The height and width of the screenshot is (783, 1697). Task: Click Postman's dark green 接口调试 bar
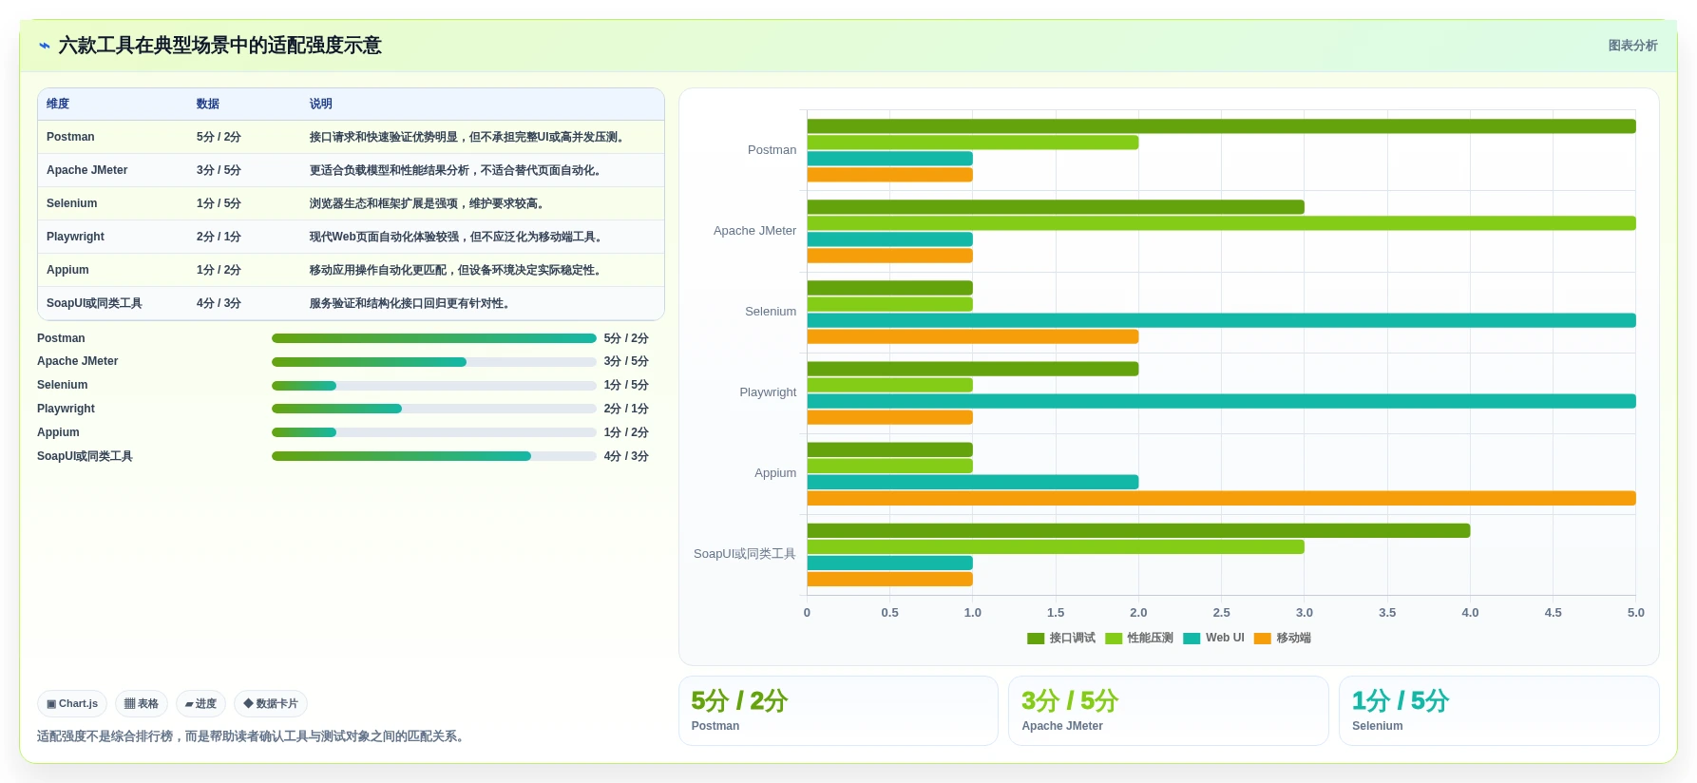click(1221, 126)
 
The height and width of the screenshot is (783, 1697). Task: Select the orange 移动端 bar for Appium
click(1221, 498)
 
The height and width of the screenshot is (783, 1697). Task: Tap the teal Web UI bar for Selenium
click(1221, 320)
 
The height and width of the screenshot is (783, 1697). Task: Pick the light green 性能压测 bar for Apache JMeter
click(1221, 223)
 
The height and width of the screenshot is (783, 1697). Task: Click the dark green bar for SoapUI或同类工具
click(1138, 530)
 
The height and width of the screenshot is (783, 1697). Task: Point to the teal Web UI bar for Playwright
click(1221, 401)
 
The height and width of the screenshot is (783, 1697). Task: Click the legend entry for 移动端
click(1283, 638)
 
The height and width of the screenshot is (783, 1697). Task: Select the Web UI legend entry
click(1213, 638)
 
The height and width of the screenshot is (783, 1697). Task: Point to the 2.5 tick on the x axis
click(1221, 613)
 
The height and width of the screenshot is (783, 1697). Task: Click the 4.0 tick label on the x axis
click(1470, 613)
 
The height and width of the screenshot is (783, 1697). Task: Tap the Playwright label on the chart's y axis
click(768, 392)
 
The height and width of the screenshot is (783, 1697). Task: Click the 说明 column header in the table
click(321, 104)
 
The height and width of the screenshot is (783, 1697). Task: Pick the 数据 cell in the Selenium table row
click(219, 203)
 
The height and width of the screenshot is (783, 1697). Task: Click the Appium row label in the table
click(67, 270)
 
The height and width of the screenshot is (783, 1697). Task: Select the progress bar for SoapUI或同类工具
click(434, 456)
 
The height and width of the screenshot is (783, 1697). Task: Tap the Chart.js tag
click(72, 704)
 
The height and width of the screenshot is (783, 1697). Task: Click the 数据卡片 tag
click(271, 704)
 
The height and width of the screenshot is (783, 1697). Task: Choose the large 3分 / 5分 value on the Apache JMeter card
click(1070, 701)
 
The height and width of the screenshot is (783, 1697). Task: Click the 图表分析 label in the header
click(1632, 46)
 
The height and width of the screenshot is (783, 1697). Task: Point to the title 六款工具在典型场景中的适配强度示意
click(219, 46)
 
